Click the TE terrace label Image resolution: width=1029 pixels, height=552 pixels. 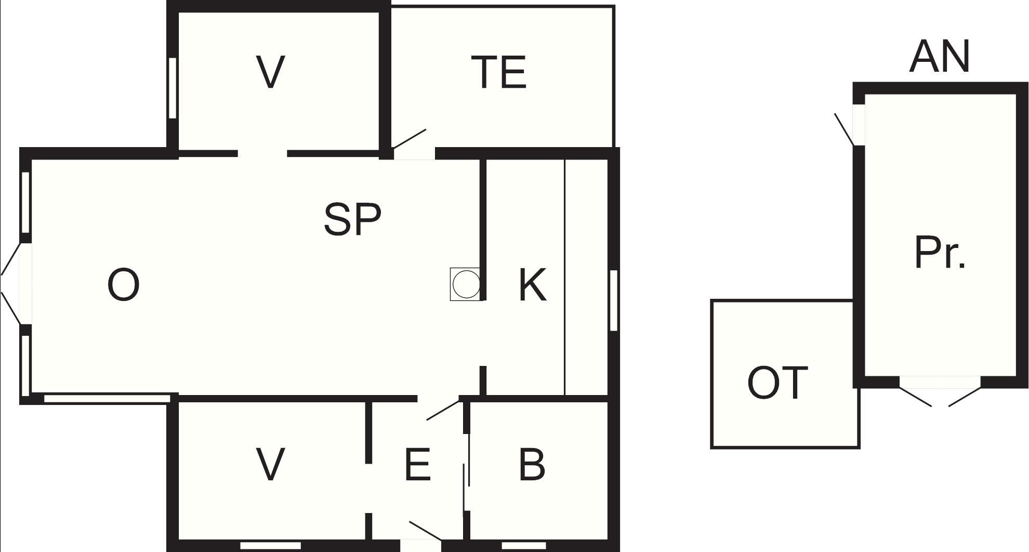499,72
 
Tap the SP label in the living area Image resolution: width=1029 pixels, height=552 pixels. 352,219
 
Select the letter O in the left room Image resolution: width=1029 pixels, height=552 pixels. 123,285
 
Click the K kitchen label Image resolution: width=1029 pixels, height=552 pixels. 533,285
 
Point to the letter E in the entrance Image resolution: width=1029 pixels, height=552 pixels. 417,465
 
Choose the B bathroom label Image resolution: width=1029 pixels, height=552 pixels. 532,465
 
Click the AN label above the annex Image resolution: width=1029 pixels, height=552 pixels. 940,56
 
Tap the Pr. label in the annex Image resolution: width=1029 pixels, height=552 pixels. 940,252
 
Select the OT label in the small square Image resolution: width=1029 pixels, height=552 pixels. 777,383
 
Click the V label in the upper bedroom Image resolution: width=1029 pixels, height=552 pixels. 271,72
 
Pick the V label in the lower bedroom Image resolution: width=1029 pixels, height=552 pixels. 271,465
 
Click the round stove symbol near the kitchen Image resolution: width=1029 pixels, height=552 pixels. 466,284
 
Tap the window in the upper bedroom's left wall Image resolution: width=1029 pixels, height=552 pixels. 173,88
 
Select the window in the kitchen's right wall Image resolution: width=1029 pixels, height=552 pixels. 614,300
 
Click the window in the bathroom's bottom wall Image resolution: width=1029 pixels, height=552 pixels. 524,546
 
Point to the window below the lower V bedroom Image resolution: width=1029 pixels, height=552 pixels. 271,546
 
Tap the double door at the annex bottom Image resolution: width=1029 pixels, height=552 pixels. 940,395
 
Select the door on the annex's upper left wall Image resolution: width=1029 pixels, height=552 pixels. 845,129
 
